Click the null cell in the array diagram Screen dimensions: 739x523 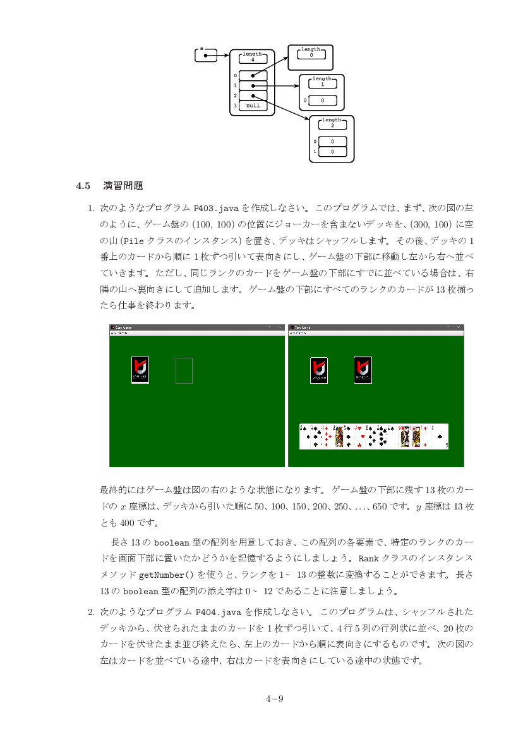tap(253, 106)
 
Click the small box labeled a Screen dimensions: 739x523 tap(206, 56)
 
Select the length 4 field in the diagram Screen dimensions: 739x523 tap(253, 58)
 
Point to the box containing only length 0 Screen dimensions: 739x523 tap(311, 58)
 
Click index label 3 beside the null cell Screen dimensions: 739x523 tap(235, 106)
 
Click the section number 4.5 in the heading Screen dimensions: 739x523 tap(84, 186)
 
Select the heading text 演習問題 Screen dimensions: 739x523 tap(123, 186)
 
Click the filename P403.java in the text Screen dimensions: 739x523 tap(215, 208)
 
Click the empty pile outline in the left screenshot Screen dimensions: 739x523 tap(184, 370)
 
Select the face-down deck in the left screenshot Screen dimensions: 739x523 tap(140, 370)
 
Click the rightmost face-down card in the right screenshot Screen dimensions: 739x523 tap(363, 370)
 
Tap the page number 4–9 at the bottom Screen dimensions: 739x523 tap(274, 699)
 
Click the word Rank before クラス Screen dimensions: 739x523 tap(368, 559)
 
